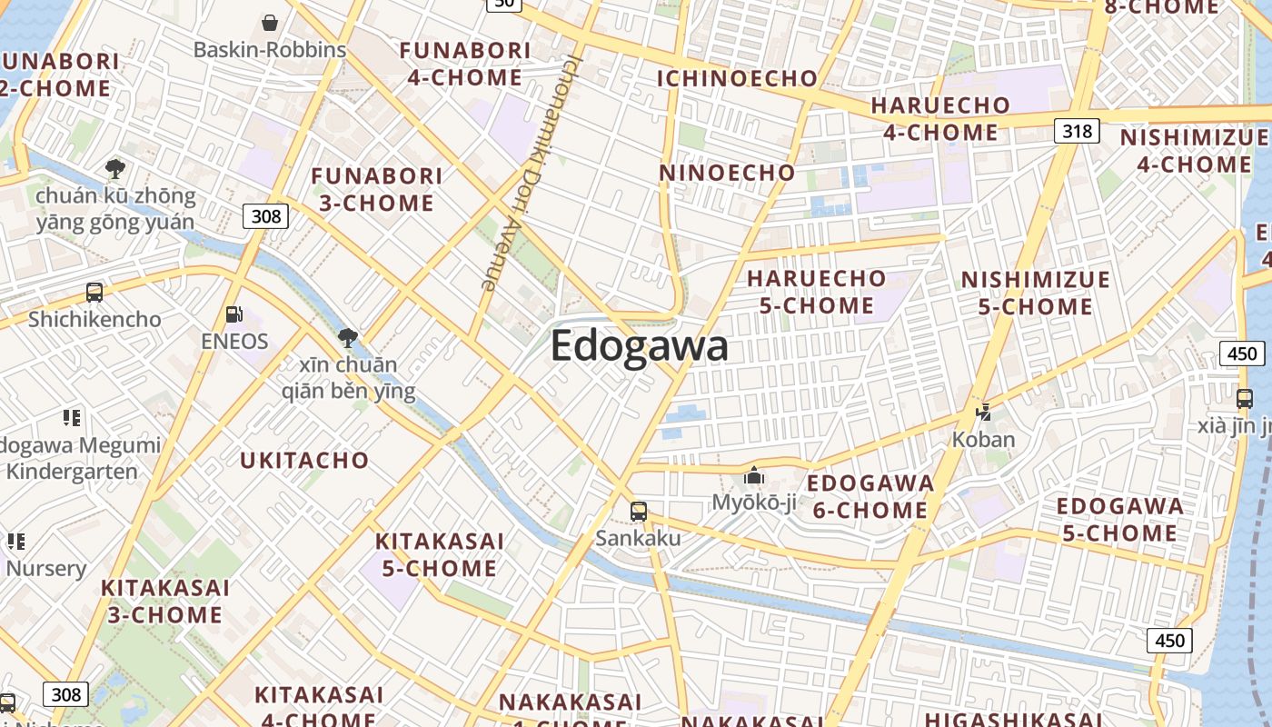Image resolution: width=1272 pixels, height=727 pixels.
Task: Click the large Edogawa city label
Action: point(639,346)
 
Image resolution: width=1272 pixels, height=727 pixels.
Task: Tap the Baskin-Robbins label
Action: point(270,50)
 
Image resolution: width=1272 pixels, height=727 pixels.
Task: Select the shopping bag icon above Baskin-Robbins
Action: point(270,23)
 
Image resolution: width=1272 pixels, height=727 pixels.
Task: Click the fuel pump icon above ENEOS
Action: point(234,314)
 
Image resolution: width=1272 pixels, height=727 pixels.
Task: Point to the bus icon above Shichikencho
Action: point(94,293)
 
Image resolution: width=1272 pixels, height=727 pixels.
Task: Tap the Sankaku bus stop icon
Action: point(639,512)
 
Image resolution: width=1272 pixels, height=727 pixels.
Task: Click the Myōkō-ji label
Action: point(753,502)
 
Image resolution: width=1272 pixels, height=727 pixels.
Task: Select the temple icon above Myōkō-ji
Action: point(753,475)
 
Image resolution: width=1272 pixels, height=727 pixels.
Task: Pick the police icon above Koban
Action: point(983,413)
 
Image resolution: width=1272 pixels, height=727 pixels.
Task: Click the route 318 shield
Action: point(1077,131)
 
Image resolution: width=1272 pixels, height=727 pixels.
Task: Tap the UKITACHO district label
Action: point(304,461)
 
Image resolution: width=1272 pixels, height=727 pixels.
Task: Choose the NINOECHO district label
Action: point(727,173)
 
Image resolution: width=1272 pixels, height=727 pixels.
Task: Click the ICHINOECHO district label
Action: point(737,78)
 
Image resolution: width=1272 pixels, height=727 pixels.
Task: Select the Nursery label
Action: point(46,569)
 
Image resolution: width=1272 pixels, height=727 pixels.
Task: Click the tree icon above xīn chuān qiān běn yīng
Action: point(347,339)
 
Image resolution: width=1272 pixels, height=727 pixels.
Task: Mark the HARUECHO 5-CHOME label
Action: point(816,292)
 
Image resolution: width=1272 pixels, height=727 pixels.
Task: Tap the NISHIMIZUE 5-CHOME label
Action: point(1036,293)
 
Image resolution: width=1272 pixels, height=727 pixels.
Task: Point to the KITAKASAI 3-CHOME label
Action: point(165,602)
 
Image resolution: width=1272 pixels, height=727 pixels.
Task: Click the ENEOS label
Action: point(235,342)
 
